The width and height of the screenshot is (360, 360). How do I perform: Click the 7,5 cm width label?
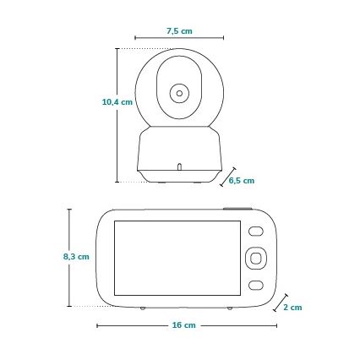[x=179, y=30]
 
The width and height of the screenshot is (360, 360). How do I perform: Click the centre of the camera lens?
[x=179, y=92]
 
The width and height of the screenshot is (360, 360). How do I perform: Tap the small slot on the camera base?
[x=179, y=166]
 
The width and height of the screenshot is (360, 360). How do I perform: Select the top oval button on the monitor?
[x=255, y=230]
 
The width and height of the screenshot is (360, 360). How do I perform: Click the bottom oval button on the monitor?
[x=255, y=282]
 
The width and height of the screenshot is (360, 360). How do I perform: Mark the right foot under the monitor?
[x=230, y=305]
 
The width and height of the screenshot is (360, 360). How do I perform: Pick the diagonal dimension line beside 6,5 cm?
[x=226, y=177]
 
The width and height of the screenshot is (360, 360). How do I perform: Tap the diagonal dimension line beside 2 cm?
[x=278, y=305]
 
